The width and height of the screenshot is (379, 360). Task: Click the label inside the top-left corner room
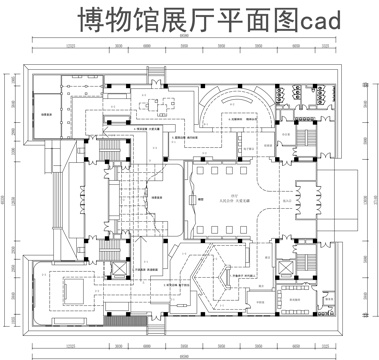pyautogui.click(x=46, y=117)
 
